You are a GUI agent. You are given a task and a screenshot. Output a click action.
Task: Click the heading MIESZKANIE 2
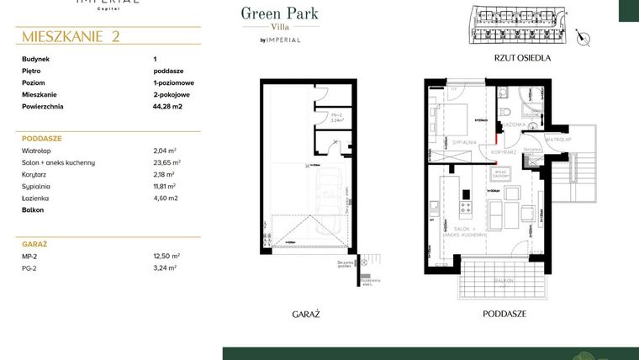coord(71,36)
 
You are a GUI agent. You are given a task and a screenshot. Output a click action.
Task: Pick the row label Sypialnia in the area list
coord(39,186)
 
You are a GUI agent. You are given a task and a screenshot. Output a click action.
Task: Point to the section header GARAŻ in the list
coord(34,242)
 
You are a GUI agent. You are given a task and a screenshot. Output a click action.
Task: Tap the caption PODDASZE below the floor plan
coord(504,313)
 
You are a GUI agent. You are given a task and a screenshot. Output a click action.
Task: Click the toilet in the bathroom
coord(506,113)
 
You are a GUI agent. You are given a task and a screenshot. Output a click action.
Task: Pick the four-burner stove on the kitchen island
coord(464,207)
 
